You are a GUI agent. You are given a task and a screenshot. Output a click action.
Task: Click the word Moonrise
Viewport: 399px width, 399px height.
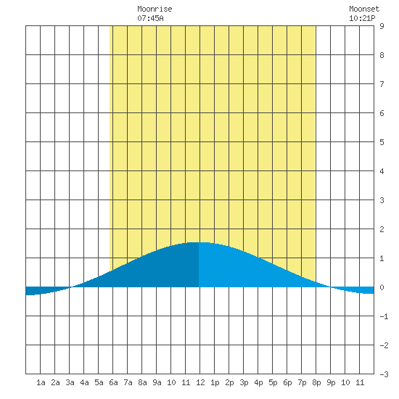point(155,9)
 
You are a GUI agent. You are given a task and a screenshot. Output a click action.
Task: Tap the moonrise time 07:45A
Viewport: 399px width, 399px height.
point(150,18)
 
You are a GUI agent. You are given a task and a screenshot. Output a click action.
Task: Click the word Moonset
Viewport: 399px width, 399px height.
point(364,9)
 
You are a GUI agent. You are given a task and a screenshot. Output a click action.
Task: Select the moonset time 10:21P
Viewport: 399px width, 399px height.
point(362,18)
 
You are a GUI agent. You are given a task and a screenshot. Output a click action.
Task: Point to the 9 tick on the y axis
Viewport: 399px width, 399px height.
point(382,26)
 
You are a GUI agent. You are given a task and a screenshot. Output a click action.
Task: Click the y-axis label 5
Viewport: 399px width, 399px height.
point(382,142)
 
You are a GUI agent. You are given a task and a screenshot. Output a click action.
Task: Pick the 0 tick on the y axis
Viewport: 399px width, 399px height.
point(382,287)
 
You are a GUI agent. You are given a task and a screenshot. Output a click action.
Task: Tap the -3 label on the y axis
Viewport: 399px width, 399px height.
point(384,374)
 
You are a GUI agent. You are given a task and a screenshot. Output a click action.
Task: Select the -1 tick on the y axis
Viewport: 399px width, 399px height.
point(384,316)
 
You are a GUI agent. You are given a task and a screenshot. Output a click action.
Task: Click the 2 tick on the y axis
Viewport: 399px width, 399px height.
point(382,229)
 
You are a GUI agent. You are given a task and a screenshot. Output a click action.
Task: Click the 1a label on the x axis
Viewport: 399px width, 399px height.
point(41,382)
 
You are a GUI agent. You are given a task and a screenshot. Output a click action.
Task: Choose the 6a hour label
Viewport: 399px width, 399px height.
point(113,382)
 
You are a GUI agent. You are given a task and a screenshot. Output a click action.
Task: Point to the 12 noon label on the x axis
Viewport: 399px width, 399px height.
point(200,382)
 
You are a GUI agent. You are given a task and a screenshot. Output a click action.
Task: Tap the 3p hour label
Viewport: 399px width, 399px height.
point(244,382)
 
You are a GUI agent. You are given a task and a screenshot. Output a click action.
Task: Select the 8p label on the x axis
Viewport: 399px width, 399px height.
point(316,382)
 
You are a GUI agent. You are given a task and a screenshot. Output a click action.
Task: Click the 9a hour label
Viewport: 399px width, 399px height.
point(157,382)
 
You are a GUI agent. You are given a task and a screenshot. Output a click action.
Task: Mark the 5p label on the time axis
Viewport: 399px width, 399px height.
point(273,382)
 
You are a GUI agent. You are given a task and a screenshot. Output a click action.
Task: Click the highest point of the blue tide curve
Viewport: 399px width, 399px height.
point(199,242)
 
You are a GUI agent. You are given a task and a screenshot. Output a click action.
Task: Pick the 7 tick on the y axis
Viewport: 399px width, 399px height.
point(382,84)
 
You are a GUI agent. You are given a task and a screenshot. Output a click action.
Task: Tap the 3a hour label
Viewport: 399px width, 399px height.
point(70,382)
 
